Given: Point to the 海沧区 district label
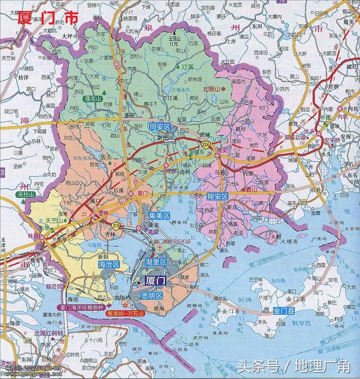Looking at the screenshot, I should click(x=109, y=264).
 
